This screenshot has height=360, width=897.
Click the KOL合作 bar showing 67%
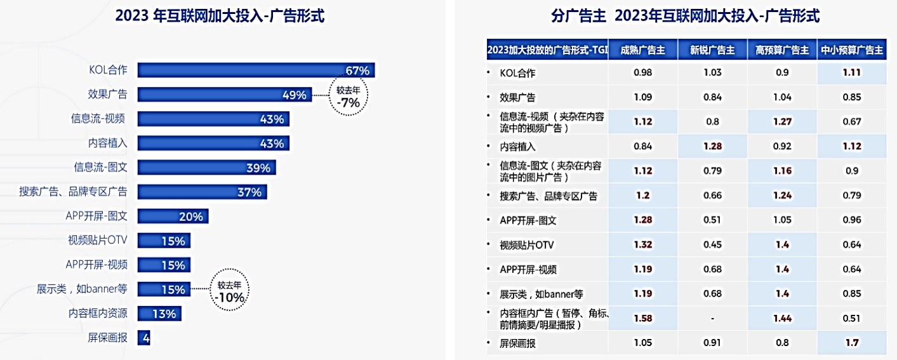tap(255, 70)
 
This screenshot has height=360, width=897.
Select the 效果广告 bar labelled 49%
tap(224, 95)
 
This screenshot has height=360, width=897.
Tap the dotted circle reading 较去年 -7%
tap(348, 96)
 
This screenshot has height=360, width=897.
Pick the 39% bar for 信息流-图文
tap(206, 168)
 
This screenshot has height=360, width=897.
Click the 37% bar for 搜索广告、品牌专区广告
tap(202, 192)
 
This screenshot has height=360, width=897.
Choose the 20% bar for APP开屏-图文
tap(173, 217)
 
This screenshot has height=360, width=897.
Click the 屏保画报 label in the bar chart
tap(107, 338)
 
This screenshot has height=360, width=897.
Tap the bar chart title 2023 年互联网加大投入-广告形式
tap(220, 17)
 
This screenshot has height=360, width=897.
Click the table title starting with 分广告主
tap(686, 17)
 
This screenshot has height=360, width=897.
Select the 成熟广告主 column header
tap(642, 50)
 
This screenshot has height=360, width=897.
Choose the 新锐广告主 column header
tap(712, 50)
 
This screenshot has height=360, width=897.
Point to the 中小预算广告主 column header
tap(851, 50)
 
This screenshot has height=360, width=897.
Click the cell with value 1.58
tap(642, 318)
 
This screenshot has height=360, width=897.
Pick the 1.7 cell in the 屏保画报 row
tap(852, 343)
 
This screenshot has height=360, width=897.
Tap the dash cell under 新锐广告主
tap(712, 318)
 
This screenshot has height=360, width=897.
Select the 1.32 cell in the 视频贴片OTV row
tap(642, 244)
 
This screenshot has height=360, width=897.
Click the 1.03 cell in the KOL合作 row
tap(712, 72)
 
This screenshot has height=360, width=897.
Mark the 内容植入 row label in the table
tap(518, 147)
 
